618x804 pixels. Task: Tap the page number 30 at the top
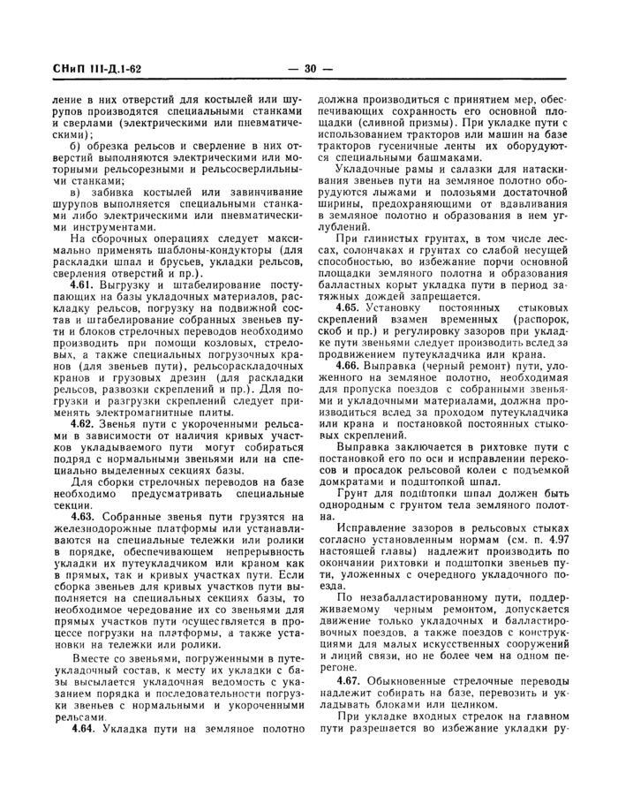[310, 68]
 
